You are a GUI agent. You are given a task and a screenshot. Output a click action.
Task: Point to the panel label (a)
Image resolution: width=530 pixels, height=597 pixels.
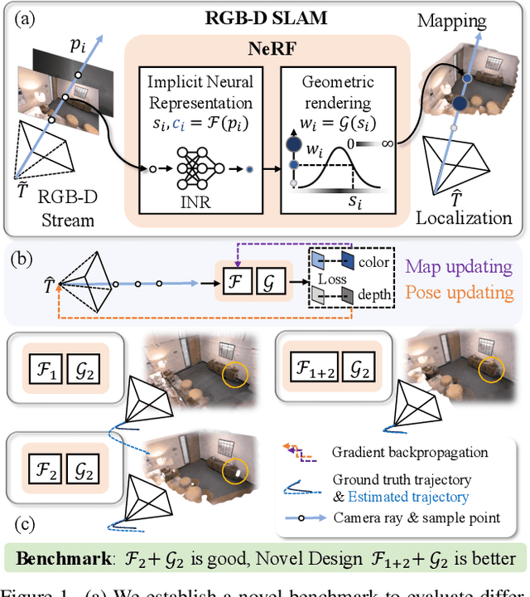click(23, 17)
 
